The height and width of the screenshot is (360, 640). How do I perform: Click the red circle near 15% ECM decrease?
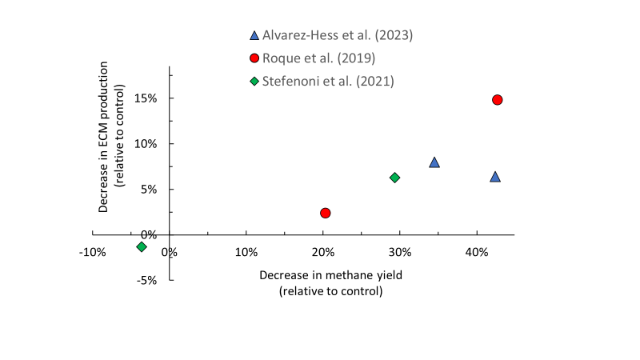497,100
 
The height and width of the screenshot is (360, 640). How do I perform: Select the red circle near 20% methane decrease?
325,213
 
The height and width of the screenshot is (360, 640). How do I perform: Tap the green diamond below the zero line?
142,246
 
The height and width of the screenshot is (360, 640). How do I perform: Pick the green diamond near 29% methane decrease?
394,178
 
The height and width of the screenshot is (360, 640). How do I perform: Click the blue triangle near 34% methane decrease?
434,162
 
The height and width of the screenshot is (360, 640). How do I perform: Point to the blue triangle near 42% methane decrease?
495,177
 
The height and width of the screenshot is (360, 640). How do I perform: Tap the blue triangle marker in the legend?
254,35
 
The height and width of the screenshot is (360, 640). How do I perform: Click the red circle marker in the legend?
254,58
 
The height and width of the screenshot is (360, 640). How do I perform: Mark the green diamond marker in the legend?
254,81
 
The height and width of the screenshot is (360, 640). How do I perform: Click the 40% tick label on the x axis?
477,252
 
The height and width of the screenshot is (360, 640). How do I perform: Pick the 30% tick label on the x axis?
400,252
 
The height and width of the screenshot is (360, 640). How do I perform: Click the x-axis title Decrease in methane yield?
330,274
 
